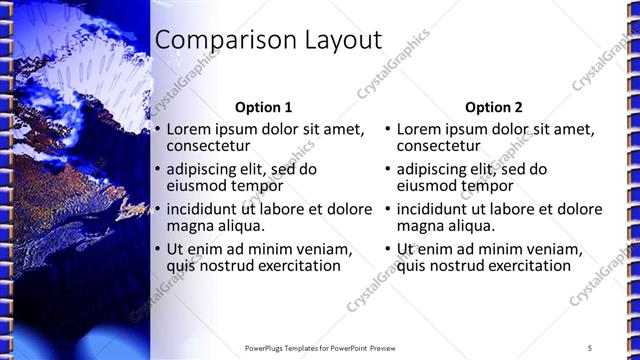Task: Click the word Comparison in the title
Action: click(x=215, y=40)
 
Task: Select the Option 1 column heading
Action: click(x=264, y=107)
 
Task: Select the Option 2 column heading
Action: click(x=494, y=107)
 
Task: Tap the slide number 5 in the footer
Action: click(x=590, y=347)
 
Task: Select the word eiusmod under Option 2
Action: click(x=426, y=186)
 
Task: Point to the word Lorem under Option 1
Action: click(x=188, y=129)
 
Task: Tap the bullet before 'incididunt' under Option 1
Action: click(x=157, y=209)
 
